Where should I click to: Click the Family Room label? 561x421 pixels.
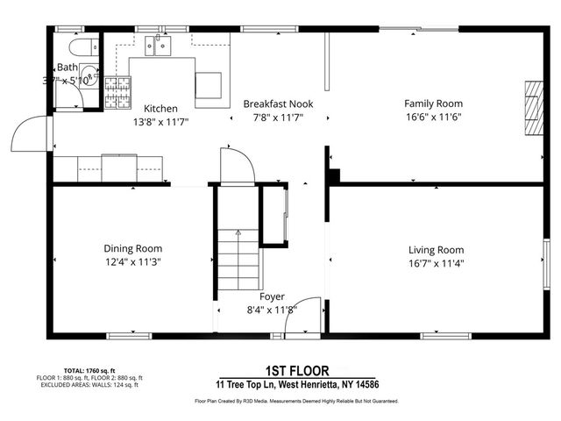[432, 103]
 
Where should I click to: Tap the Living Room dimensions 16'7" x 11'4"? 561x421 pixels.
[436, 262]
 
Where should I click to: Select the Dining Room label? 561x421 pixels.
[133, 248]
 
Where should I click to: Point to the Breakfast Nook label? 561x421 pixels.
[277, 103]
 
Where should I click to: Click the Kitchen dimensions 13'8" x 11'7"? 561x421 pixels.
[161, 122]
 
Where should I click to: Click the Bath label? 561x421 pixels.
[67, 68]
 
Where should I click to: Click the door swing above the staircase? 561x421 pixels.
[236, 166]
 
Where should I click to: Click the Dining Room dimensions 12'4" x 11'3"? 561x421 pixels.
[133, 261]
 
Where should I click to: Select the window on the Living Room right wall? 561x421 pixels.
[545, 264]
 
